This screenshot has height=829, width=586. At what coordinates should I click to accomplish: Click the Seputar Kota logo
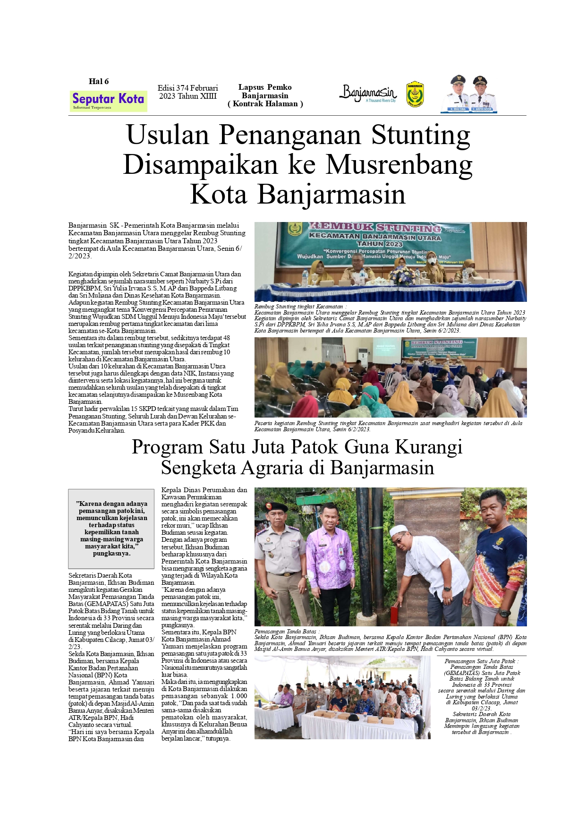point(108,100)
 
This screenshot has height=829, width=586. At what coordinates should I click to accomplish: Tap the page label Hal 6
point(99,81)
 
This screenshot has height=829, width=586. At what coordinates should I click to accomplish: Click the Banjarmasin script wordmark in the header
point(368,93)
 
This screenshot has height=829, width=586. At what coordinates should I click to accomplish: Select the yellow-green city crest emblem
point(415,94)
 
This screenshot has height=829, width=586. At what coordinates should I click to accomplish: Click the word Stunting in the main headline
point(420,135)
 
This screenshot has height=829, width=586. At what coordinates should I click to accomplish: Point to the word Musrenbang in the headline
point(399,165)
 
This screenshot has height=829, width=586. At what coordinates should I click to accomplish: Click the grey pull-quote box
point(111,528)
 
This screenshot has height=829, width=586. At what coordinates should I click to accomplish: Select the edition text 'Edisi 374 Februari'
point(187,88)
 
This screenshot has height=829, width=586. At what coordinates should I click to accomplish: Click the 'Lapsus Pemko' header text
point(265,87)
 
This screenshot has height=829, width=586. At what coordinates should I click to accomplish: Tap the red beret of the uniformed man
point(276,507)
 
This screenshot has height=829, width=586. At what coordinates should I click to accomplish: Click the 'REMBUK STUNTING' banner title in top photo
point(375,228)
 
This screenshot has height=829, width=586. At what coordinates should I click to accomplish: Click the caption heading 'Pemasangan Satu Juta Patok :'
point(482,661)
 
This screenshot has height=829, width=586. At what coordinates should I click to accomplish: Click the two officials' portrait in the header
point(469,94)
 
